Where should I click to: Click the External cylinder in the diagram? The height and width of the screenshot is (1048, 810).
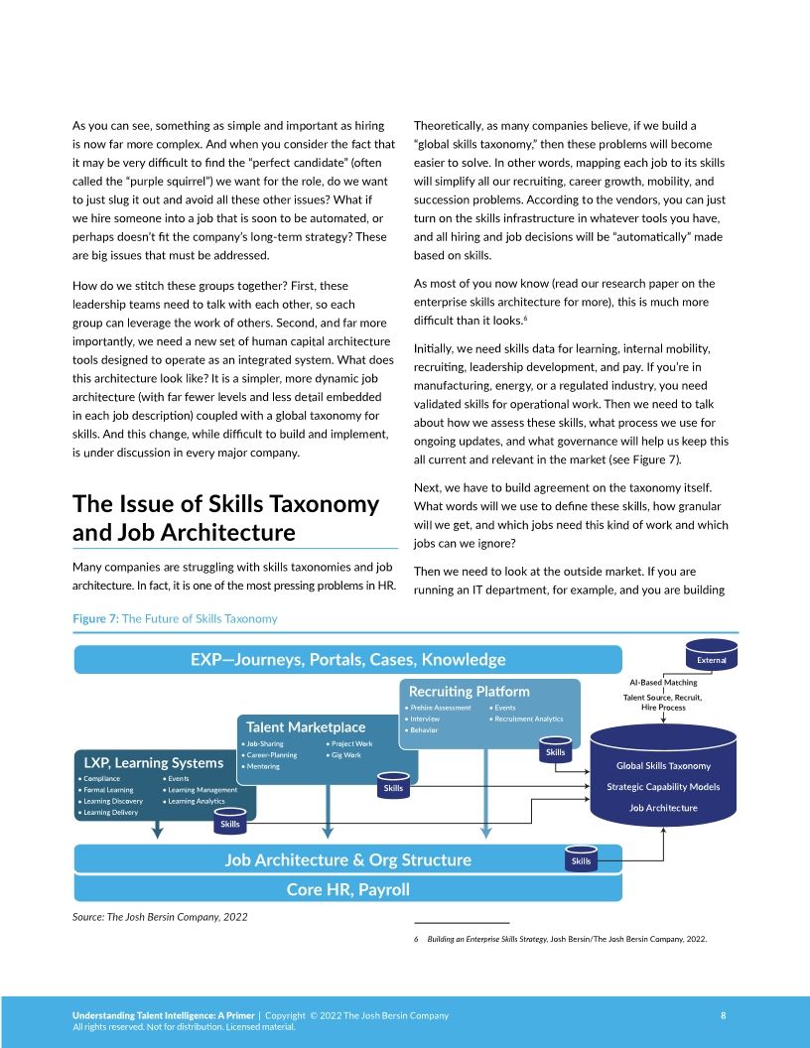tap(711, 659)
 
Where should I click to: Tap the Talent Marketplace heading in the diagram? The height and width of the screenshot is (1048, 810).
tap(306, 727)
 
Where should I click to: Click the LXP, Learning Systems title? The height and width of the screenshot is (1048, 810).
tap(154, 762)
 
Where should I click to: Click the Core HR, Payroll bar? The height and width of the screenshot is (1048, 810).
tap(347, 888)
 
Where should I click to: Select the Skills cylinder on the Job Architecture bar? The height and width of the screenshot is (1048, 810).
tap(581, 859)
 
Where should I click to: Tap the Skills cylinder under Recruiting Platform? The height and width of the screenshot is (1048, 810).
tap(556, 751)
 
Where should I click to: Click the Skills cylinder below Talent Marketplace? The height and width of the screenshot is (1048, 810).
tap(393, 787)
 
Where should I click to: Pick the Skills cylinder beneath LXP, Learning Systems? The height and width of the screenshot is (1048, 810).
tap(230, 823)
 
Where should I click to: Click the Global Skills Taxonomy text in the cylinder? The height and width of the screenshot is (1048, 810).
tap(663, 765)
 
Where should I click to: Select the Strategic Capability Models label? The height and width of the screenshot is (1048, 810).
tap(663, 787)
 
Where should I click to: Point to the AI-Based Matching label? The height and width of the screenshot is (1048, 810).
tap(663, 682)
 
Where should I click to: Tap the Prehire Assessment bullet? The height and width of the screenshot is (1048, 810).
tap(440, 708)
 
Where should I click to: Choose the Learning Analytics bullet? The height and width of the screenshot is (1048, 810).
tap(197, 801)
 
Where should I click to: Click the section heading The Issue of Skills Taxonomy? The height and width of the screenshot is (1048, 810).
tap(225, 503)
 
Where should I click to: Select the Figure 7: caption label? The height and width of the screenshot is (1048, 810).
tap(95, 618)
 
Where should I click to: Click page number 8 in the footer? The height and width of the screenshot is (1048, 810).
tap(723, 1015)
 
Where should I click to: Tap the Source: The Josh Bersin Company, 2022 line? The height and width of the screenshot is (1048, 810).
tap(160, 916)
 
